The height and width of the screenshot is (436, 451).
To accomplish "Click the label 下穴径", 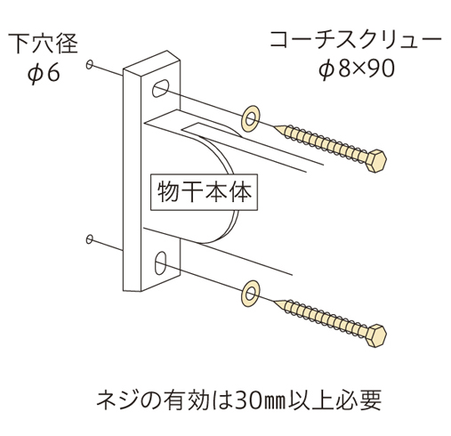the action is [43, 44].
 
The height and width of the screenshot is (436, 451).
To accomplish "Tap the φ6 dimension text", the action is [44, 73].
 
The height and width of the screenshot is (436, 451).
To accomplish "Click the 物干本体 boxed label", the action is [204, 192].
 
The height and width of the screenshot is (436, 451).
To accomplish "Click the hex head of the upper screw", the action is [376, 160].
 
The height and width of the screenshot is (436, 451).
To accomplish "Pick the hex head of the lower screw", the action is [376, 335].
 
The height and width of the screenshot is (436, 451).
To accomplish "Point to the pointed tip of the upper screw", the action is [275, 126].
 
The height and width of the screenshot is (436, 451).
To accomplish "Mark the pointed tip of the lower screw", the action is [275, 301].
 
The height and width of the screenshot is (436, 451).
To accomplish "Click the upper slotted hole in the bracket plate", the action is [160, 88].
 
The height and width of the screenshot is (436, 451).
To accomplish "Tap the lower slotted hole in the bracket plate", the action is [160, 262].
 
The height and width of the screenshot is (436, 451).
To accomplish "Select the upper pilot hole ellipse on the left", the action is [89, 64].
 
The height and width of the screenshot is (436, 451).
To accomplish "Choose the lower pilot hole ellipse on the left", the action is [89, 239].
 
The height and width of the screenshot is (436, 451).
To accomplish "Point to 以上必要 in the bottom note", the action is [334, 400].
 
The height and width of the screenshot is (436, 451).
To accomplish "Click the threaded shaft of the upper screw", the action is [322, 142].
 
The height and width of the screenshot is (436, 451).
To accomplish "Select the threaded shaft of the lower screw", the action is [322, 318].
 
